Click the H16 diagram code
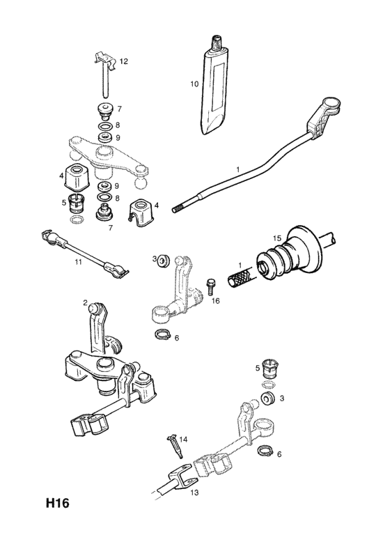58,503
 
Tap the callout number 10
194,84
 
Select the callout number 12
123,61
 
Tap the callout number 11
79,262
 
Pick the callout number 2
85,303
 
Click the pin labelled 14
175,447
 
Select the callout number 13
194,493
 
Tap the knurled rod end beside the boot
241,277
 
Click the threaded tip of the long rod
178,208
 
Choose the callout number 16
215,301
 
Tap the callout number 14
183,440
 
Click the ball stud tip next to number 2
94,307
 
